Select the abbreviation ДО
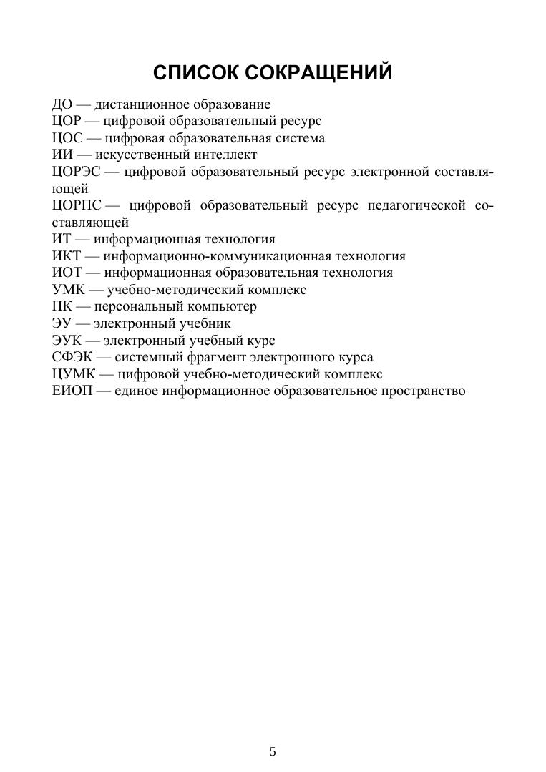[x=62, y=104]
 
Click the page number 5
[x=273, y=751]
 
